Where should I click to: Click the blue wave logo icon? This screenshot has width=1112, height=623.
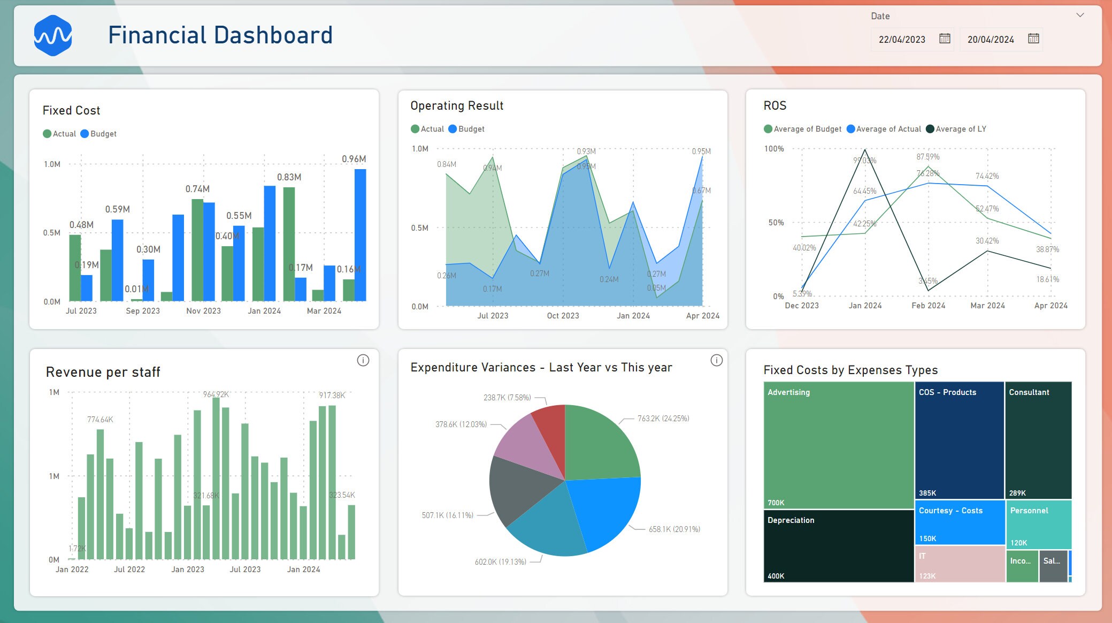pyautogui.click(x=53, y=35)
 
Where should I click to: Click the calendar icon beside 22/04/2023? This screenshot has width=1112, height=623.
pyautogui.click(x=945, y=39)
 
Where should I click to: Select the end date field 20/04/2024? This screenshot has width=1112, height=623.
pyautogui.click(x=991, y=40)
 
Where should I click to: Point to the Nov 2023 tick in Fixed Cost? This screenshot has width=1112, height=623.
pyautogui.click(x=203, y=311)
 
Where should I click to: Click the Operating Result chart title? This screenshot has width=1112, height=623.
pyautogui.click(x=457, y=106)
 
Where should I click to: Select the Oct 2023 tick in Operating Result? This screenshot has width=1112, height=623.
pyautogui.click(x=563, y=316)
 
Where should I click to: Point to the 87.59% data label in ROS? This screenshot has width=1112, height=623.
pyautogui.click(x=927, y=157)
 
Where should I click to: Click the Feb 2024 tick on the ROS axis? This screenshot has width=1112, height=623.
pyautogui.click(x=928, y=306)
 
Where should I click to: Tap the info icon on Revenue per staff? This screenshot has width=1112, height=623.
pyautogui.click(x=363, y=360)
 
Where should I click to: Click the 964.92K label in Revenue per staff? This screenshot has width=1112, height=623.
pyautogui.click(x=216, y=394)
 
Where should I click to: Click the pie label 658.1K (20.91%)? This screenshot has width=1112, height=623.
pyautogui.click(x=674, y=529)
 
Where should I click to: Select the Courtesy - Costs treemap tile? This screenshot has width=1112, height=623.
pyautogui.click(x=960, y=522)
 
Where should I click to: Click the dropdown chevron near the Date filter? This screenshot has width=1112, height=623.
pyautogui.click(x=1080, y=16)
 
